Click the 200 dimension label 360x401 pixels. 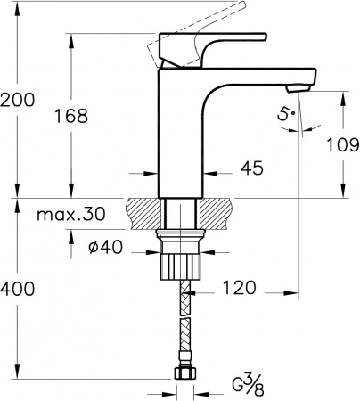click(17, 100)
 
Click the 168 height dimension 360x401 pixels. click(71, 116)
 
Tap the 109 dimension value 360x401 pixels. click(343, 145)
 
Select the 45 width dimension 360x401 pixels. click(252, 168)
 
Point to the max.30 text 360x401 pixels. click(71, 214)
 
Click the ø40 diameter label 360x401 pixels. click(105, 247)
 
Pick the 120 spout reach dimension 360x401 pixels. click(239, 288)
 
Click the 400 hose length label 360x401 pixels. click(17, 289)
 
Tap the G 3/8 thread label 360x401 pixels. click(248, 387)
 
